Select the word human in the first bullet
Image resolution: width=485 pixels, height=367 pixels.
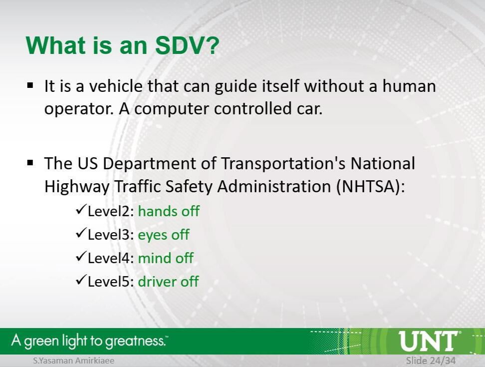point(409,86)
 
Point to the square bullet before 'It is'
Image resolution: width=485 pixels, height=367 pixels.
point(30,85)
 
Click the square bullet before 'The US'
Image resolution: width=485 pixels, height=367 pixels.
point(30,163)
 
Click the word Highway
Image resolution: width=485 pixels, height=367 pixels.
point(77,187)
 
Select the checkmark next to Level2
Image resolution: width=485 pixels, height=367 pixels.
point(80,210)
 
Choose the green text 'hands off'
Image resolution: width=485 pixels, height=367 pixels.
point(169,211)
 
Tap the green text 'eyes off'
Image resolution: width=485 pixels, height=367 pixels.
point(163,235)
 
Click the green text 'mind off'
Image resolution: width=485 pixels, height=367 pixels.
point(166,258)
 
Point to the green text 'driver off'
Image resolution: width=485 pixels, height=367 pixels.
point(168,282)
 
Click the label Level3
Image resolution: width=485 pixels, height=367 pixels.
point(110,235)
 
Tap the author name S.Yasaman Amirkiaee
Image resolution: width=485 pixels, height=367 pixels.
point(74,361)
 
